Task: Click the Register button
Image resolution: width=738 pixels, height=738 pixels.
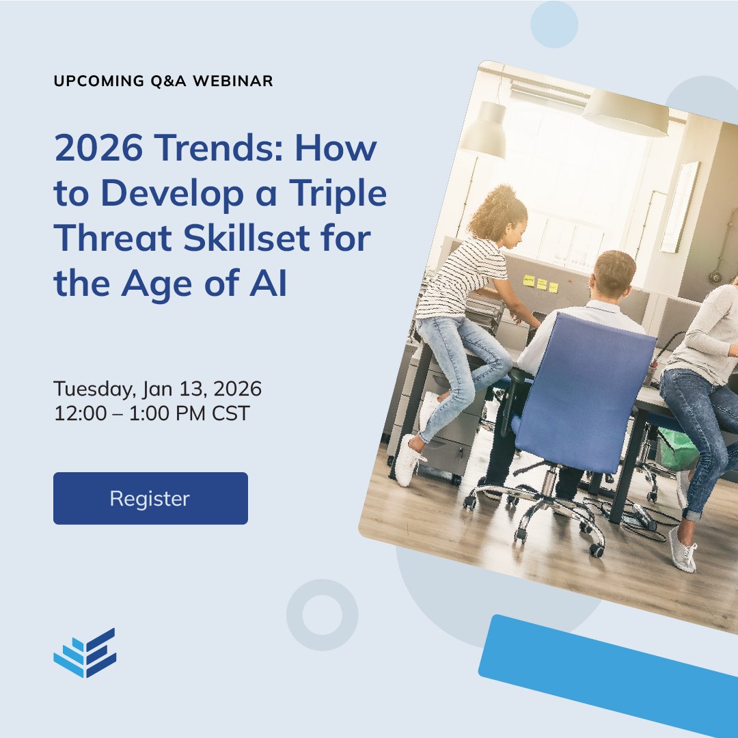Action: coord(150,498)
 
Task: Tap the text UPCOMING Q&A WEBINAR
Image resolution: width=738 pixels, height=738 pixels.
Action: coord(163,81)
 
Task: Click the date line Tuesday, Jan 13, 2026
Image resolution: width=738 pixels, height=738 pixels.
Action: coord(157,389)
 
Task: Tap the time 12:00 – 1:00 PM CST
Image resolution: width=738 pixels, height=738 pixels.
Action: coord(151,413)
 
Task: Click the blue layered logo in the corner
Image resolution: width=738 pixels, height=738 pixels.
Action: coord(85,653)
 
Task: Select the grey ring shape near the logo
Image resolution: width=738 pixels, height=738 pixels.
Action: coord(322,615)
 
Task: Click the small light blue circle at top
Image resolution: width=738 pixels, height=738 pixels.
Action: coord(554,25)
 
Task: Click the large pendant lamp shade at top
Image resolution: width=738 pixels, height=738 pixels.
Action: coord(625,113)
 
